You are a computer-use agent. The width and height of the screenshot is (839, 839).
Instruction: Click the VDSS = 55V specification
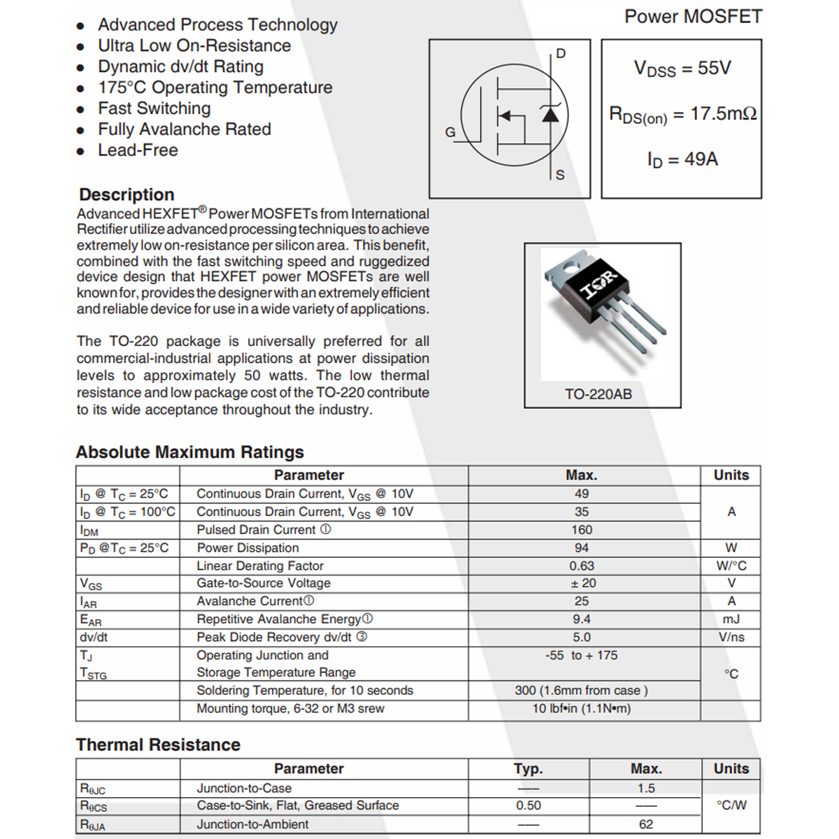pyautogui.click(x=682, y=69)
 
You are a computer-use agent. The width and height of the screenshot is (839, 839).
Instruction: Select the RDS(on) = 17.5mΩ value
pyautogui.click(x=682, y=115)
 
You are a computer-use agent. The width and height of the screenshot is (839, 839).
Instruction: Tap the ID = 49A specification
pyautogui.click(x=682, y=160)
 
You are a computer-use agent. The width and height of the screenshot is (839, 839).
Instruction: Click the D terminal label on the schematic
pyautogui.click(x=561, y=54)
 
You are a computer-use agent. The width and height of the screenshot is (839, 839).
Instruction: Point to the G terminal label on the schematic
pyautogui.click(x=450, y=131)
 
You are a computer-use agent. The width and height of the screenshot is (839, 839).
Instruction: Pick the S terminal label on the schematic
pyautogui.click(x=560, y=175)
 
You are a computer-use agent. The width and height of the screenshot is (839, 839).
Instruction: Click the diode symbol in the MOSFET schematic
pyautogui.click(x=551, y=114)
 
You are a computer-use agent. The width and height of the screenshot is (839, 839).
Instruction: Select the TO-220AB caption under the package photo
pyautogui.click(x=598, y=394)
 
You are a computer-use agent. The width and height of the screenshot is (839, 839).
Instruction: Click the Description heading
pyautogui.click(x=127, y=194)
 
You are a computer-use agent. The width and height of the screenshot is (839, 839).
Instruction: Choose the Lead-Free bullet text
pyautogui.click(x=138, y=150)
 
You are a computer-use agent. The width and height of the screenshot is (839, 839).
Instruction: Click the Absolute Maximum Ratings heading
pyautogui.click(x=189, y=452)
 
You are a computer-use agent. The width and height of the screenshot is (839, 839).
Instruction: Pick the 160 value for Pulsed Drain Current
pyautogui.click(x=582, y=530)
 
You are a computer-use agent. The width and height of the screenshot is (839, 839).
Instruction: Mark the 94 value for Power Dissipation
pyautogui.click(x=582, y=548)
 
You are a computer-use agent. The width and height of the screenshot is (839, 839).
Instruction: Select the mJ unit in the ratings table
pyautogui.click(x=731, y=619)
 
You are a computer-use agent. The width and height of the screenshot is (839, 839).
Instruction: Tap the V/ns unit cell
pyautogui.click(x=731, y=637)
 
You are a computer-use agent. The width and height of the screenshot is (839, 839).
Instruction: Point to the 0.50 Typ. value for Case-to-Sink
pyautogui.click(x=529, y=805)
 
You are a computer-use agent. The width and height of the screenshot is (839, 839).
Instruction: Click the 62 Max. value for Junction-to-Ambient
pyautogui.click(x=646, y=824)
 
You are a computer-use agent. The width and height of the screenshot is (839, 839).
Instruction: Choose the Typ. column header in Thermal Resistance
pyautogui.click(x=529, y=769)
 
